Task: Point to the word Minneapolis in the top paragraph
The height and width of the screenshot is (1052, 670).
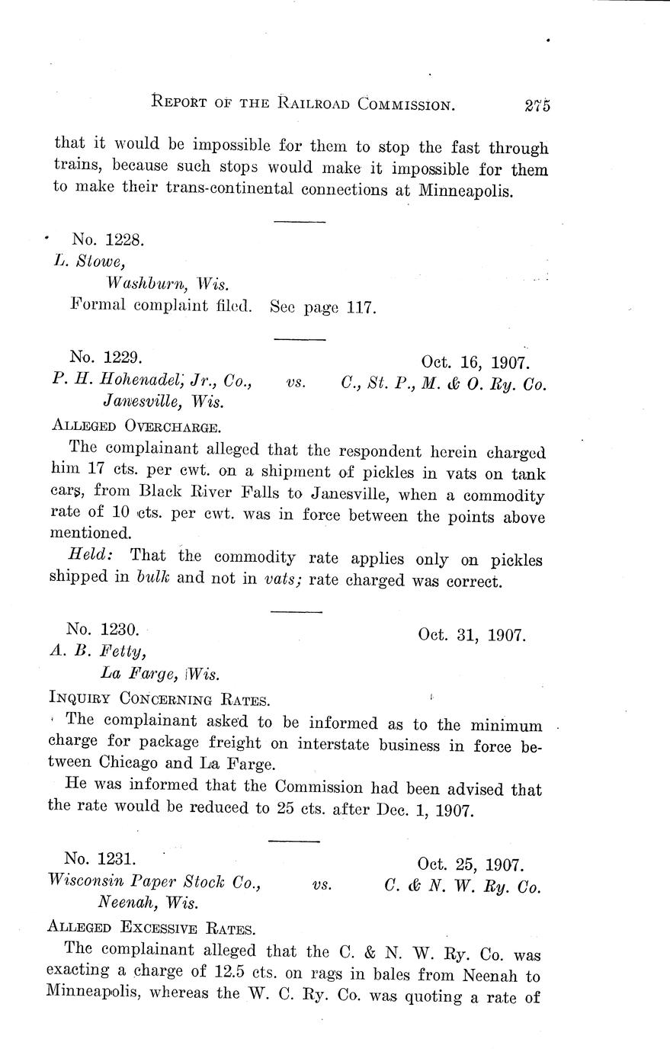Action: click(x=466, y=190)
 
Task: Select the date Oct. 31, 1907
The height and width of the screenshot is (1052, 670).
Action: click(x=471, y=634)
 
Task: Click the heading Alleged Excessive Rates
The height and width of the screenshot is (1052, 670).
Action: click(x=150, y=928)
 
